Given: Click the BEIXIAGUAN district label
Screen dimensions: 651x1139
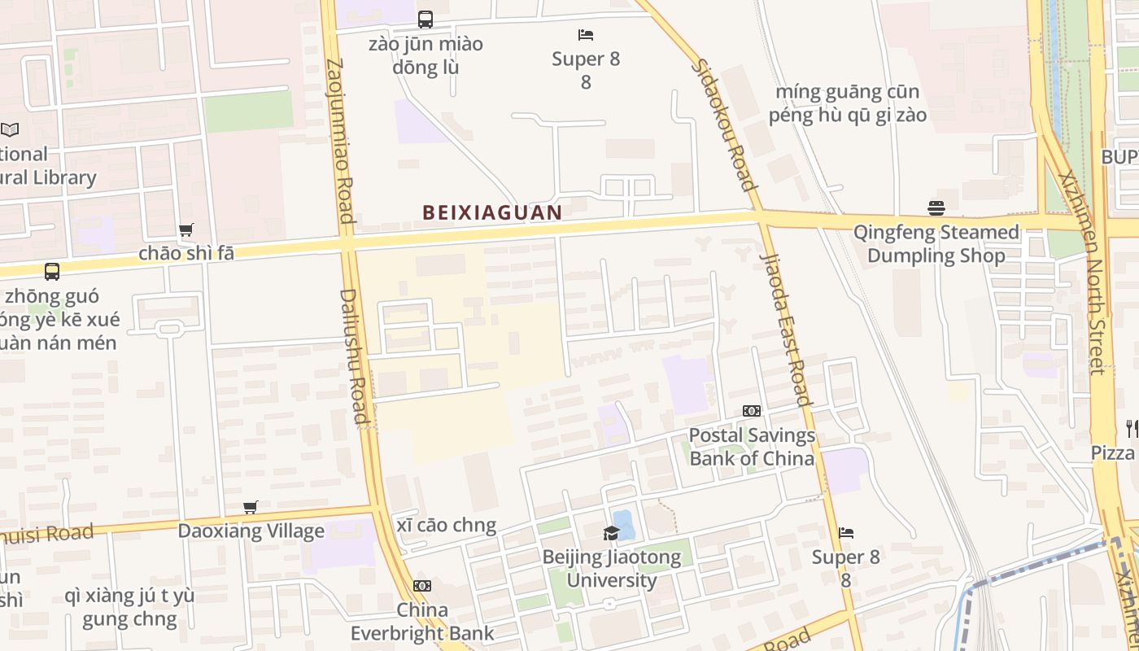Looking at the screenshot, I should tap(492, 213).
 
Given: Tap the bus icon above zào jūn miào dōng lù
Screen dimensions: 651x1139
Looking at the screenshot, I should tap(425, 20).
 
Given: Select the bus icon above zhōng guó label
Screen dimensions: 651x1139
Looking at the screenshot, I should tap(52, 272).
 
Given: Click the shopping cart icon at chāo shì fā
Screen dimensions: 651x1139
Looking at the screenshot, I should tap(186, 230).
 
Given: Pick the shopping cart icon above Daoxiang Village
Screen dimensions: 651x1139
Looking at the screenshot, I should tap(251, 508).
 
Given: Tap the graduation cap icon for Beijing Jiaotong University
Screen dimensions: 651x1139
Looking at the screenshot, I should tap(611, 533).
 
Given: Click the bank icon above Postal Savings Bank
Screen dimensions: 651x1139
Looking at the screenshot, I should tap(752, 411).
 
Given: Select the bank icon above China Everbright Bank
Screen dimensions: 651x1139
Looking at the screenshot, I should tap(421, 586).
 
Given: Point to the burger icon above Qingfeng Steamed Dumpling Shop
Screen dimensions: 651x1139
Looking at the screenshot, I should tap(936, 208).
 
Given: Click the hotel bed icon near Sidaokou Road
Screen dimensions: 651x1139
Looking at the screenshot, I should tap(586, 35).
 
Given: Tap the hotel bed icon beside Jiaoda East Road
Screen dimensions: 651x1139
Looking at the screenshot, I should tap(846, 533).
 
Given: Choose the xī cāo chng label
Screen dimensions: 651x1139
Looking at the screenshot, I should tap(447, 526).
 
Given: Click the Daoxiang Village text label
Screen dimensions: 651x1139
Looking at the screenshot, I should tap(251, 531).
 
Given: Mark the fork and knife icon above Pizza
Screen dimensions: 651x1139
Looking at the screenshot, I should tap(1131, 427).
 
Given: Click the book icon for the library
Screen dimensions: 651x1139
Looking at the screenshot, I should tap(10, 129).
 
